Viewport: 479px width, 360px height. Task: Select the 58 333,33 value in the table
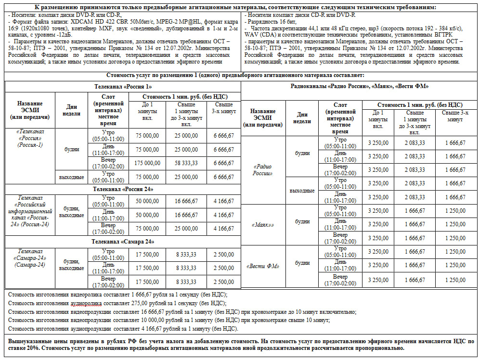point(186,163)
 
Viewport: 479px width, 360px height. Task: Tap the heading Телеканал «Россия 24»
point(123,189)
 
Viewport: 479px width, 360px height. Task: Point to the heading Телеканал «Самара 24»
point(123,241)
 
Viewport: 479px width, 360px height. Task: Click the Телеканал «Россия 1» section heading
point(123,87)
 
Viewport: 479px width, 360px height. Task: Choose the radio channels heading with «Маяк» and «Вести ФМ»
point(360,86)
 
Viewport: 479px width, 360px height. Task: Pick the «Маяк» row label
point(263,224)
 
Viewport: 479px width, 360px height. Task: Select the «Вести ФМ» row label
point(263,266)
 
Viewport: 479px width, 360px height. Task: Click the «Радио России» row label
point(263,169)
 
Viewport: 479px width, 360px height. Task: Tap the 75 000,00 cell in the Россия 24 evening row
point(147,229)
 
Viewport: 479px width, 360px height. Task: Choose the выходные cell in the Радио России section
point(302,190)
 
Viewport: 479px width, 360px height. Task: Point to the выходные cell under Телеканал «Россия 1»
point(71,177)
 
